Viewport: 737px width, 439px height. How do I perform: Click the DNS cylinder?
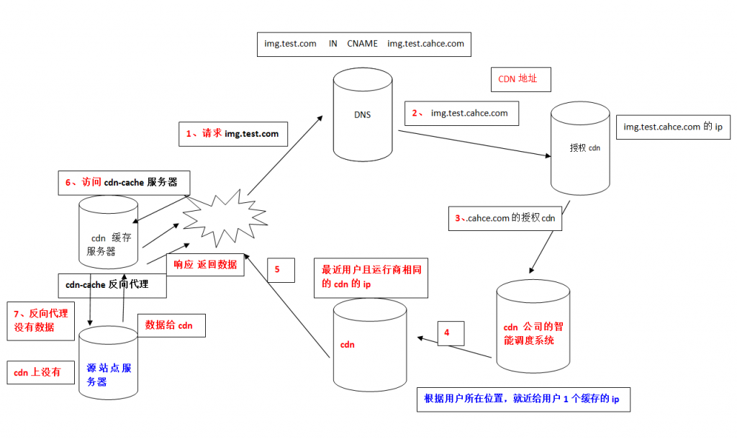pos(363,114)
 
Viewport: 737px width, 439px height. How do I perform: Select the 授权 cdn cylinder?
pos(580,148)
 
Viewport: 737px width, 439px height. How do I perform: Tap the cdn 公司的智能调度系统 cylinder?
pos(533,326)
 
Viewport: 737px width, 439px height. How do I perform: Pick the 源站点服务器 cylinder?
pos(108,363)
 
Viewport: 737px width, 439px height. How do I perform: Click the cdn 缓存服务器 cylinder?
pos(108,232)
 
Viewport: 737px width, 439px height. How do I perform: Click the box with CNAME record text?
pos(363,44)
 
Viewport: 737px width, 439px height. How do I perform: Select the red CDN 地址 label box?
pos(521,79)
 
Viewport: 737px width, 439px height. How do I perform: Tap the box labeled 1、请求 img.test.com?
pos(233,134)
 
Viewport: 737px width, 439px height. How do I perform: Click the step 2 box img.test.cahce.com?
pos(461,113)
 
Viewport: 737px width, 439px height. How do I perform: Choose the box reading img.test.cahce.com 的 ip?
pos(673,127)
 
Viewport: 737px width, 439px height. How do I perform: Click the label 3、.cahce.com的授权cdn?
pos(505,218)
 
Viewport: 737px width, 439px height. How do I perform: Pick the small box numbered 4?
pos(451,333)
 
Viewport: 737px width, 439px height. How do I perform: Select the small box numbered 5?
pos(281,271)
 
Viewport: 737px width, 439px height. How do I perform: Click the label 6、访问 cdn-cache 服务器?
pos(124,183)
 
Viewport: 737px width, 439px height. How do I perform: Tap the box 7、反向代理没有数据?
pos(41,321)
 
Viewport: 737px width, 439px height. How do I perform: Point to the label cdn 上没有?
pos(41,373)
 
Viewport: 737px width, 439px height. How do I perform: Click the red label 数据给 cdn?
pos(171,326)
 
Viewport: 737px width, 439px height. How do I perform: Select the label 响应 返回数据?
pos(205,265)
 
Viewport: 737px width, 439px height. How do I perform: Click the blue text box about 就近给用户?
pos(524,399)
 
